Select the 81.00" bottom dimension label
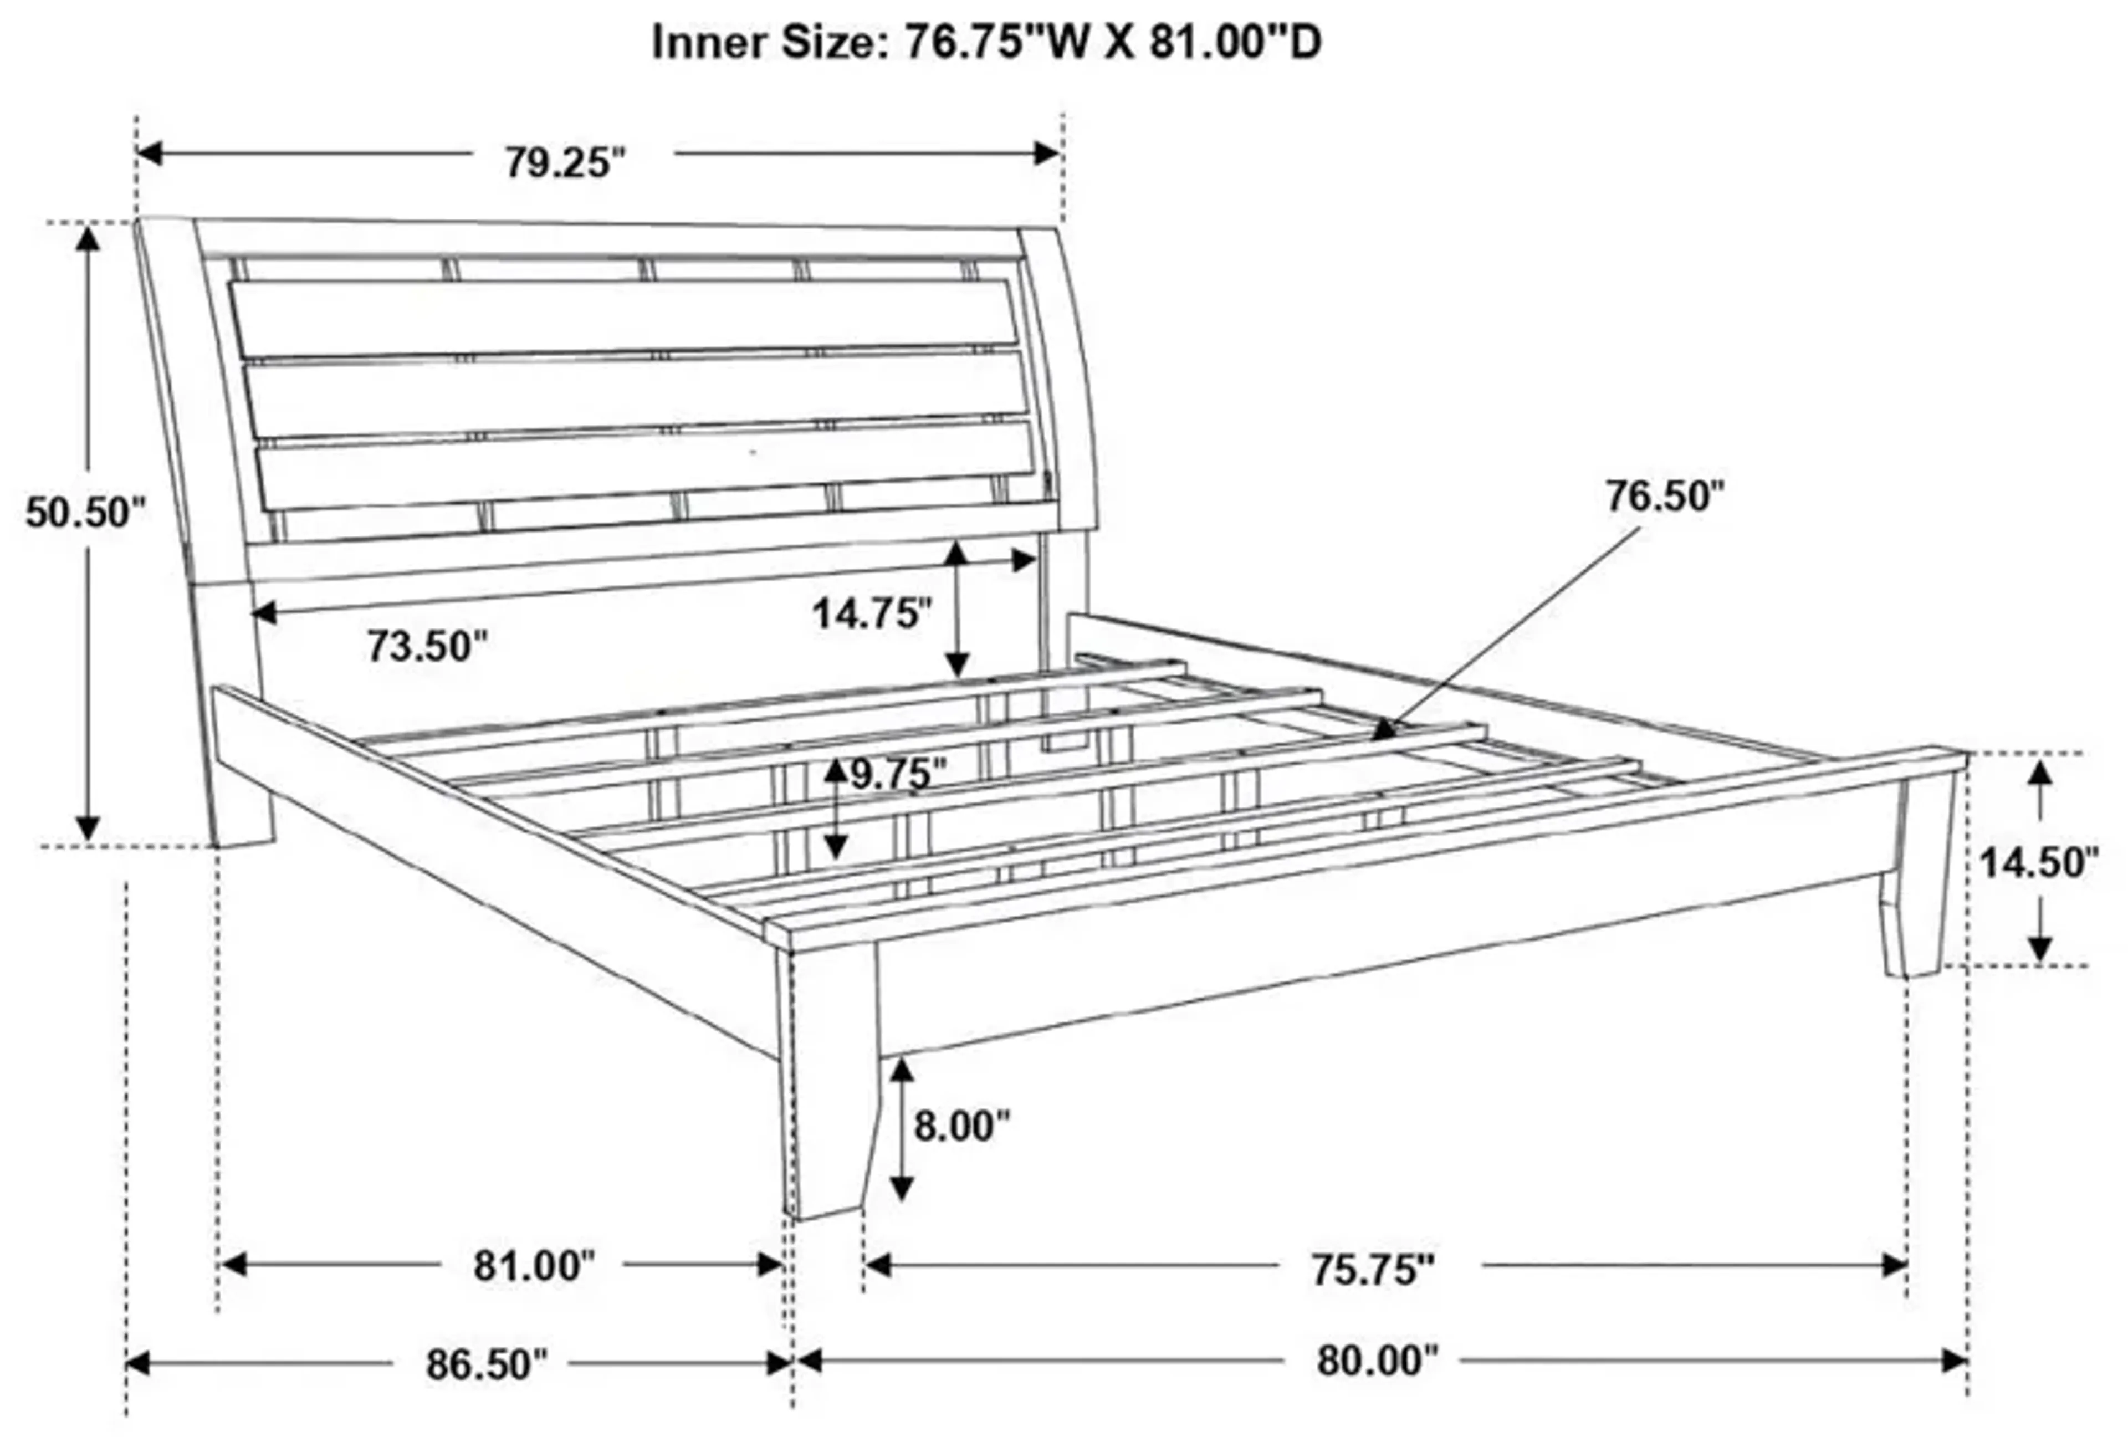coord(534,1267)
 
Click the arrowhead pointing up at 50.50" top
coord(88,239)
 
